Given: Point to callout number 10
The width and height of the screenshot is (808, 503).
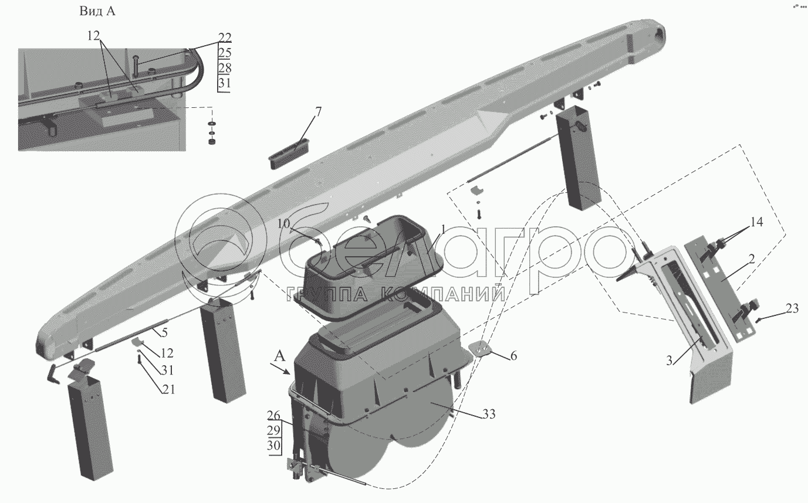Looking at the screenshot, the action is [x=283, y=223].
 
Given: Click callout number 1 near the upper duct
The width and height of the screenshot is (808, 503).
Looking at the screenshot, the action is [x=444, y=229].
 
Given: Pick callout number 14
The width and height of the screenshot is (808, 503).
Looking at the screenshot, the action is [x=756, y=223].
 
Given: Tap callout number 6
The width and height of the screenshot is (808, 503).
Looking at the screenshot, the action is [x=513, y=356].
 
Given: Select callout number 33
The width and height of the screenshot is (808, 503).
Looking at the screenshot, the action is [x=489, y=414].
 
